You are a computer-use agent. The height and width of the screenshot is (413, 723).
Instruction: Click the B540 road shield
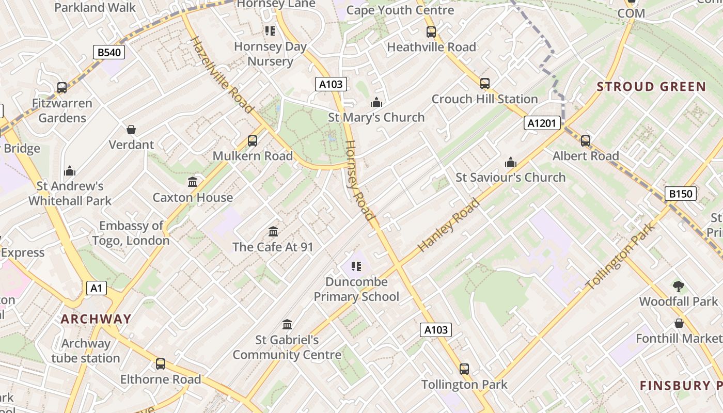pos(109,52)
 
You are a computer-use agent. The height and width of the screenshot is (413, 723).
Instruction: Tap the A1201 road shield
pos(542,123)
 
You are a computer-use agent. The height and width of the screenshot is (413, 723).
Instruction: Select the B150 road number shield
pos(680,194)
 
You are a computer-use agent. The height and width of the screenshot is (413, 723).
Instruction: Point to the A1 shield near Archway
pos(97,288)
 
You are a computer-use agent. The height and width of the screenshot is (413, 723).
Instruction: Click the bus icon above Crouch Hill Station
pos(484,83)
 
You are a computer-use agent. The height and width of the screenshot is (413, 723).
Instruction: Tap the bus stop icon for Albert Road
pos(585,140)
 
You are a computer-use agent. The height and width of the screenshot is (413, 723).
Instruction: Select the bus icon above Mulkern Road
pos(252,140)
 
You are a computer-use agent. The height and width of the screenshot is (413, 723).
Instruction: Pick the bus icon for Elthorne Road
pos(161,364)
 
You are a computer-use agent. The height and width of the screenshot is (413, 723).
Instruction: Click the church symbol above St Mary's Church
pos(376,102)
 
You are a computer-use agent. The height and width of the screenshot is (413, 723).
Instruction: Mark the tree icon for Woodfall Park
pos(679,286)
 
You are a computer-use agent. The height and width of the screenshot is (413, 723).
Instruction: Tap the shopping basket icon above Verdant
pos(131,129)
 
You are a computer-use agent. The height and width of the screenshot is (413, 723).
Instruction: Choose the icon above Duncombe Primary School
pos(356,266)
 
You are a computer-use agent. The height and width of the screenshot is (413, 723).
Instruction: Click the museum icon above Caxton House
pos(193,182)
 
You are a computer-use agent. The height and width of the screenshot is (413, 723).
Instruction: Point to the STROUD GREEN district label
pos(651,87)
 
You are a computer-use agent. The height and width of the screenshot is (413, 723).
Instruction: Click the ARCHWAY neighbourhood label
pos(96,319)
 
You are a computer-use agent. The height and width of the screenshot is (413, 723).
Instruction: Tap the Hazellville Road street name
pos(223,75)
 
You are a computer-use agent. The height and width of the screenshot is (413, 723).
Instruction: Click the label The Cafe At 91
pos(273,247)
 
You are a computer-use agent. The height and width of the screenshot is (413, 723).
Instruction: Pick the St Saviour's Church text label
pos(510,178)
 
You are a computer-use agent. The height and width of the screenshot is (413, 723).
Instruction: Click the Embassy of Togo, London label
pos(131,233)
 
